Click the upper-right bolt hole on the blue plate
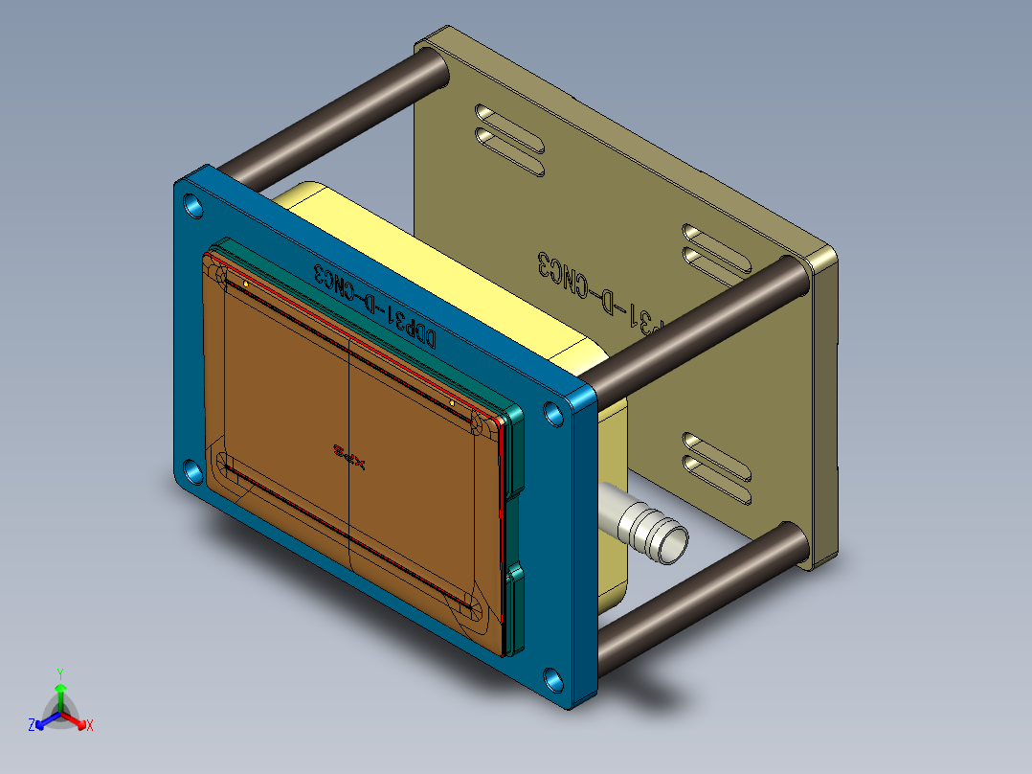553,413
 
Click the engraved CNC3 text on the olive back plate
574,279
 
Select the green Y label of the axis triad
59,672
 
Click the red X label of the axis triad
90,726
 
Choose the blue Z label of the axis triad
32,726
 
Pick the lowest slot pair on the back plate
716,466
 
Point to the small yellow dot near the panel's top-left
246,285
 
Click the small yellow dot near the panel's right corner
452,403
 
